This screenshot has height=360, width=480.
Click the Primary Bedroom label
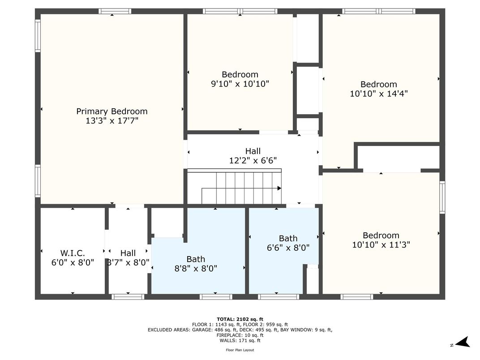point(111,111)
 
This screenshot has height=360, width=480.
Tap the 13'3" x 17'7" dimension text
point(111,121)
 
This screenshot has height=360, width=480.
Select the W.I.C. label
point(73,253)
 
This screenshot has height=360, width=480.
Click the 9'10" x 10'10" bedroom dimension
point(240,84)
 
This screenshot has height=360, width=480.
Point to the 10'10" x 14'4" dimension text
point(378,94)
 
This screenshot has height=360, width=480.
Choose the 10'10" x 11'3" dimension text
point(381,245)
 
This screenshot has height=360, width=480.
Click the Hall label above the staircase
point(253,151)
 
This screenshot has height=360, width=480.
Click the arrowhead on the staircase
point(279,189)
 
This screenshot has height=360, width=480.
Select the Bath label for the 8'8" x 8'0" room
point(196,259)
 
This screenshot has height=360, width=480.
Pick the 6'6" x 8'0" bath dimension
point(288,248)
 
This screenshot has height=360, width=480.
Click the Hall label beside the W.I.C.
point(128,253)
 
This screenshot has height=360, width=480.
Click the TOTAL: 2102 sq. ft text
point(240,319)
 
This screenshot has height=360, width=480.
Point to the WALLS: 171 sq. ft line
point(240,340)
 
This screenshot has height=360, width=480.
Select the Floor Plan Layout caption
point(240,350)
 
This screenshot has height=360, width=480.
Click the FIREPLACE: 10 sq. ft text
point(240,335)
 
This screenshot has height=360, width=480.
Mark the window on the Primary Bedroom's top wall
point(115,11)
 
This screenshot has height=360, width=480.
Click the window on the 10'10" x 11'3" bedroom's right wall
point(442,197)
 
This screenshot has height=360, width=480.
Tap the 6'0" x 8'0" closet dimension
point(73,263)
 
